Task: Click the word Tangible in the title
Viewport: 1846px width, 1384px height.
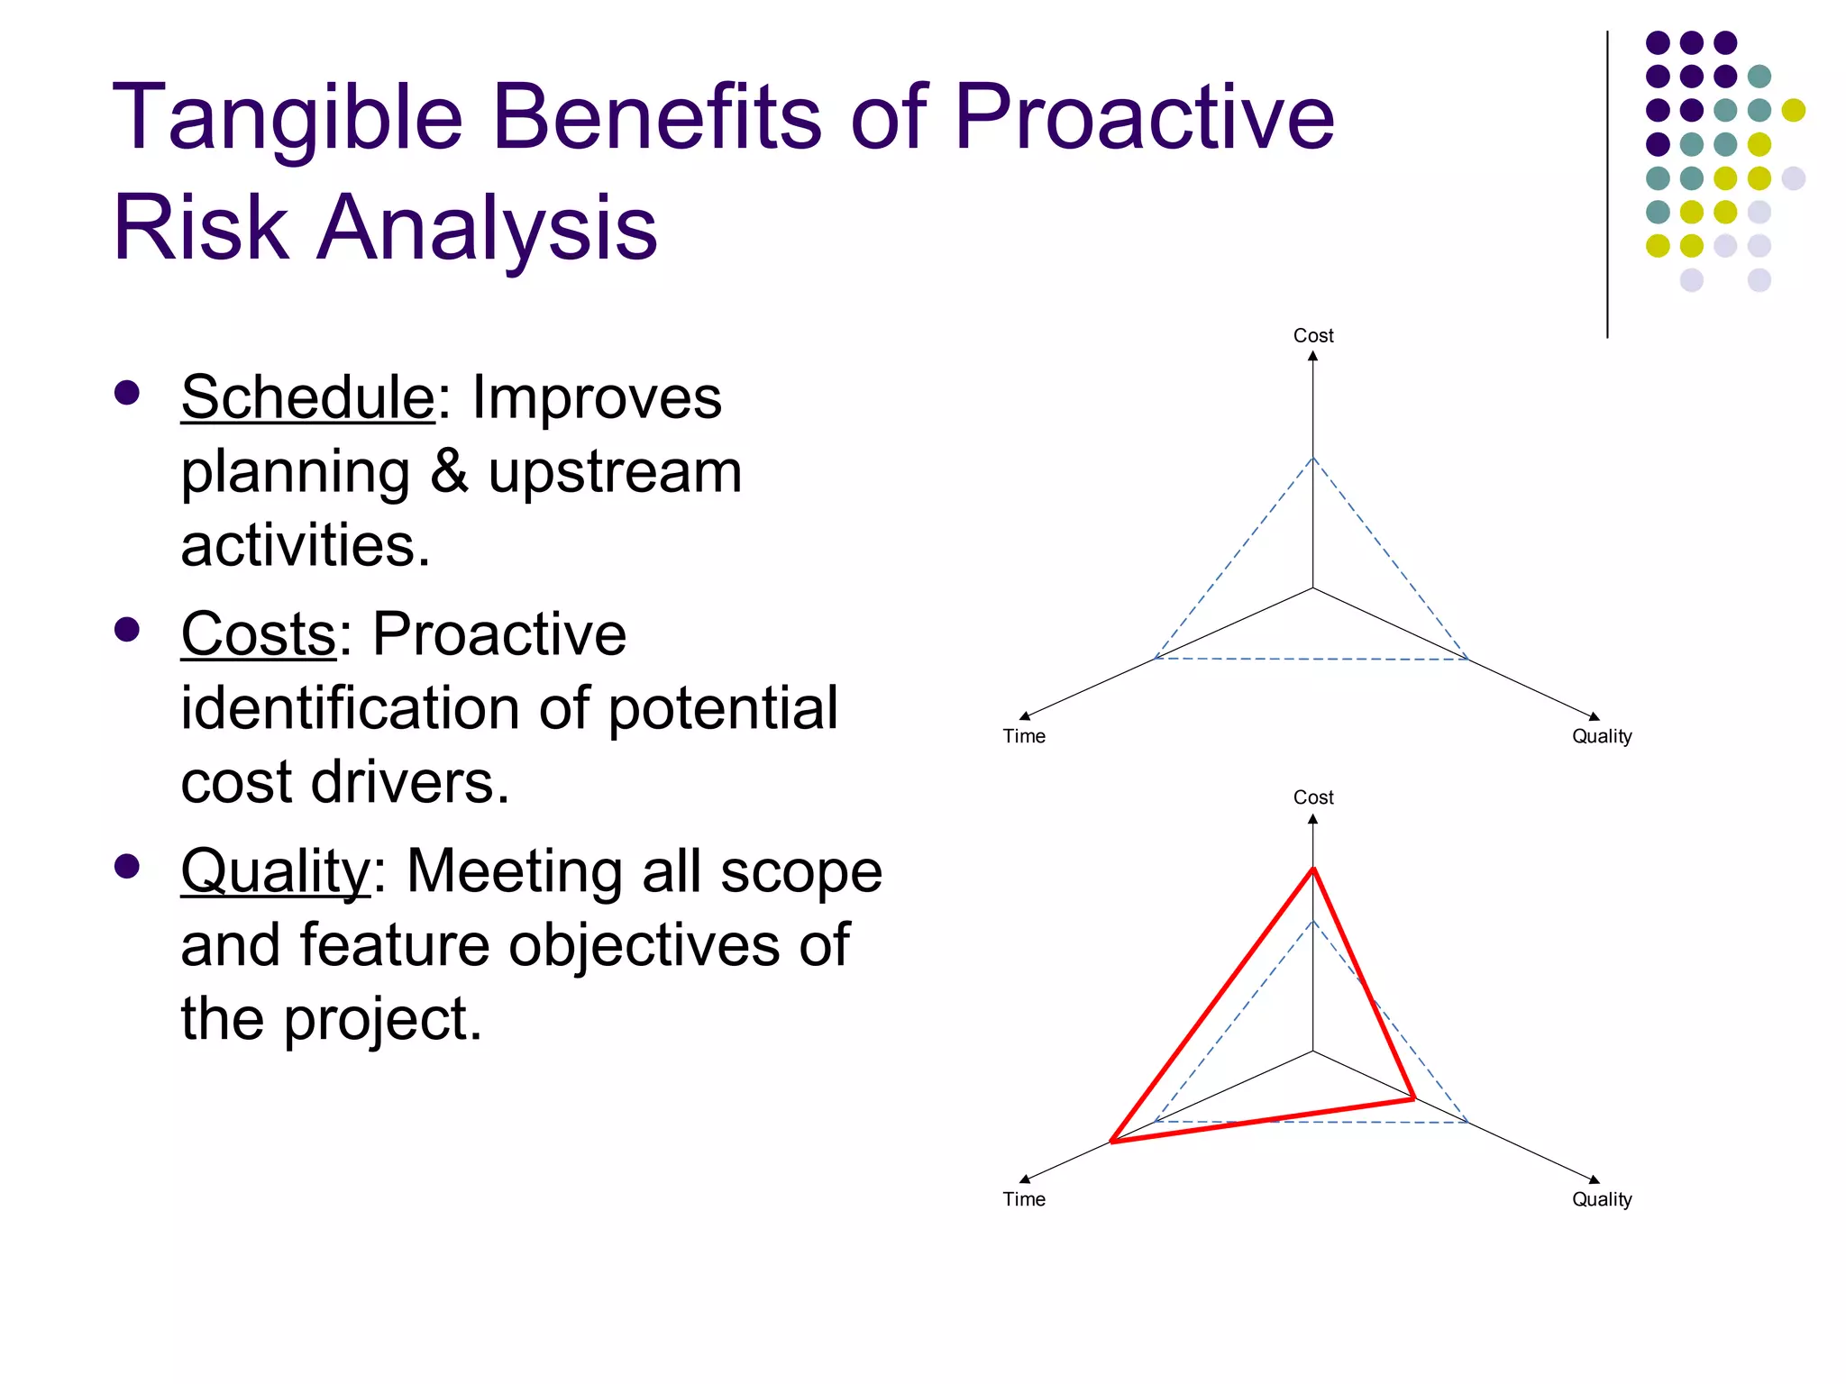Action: pyautogui.click(x=287, y=118)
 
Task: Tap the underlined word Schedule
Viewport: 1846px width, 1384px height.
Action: pyautogui.click(x=307, y=397)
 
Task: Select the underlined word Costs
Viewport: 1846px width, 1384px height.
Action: pyautogui.click(x=259, y=634)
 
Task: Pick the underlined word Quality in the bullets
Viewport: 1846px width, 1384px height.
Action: pyautogui.click(x=275, y=871)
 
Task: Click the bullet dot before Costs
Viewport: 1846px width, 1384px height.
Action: pyautogui.click(x=127, y=629)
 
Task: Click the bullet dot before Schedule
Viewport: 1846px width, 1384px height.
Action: pyautogui.click(x=127, y=393)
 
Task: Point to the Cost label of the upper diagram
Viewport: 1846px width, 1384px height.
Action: pyautogui.click(x=1312, y=335)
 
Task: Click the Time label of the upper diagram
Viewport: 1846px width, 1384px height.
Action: pyautogui.click(x=1024, y=736)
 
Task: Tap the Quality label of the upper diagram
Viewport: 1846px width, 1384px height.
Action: pyautogui.click(x=1602, y=736)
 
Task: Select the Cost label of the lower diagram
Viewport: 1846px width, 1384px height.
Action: pyautogui.click(x=1312, y=797)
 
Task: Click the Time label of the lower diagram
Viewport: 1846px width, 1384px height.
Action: pyautogui.click(x=1024, y=1199)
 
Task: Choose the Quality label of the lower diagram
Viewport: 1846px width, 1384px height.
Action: pyautogui.click(x=1602, y=1199)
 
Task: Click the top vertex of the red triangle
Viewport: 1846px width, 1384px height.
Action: pyautogui.click(x=1313, y=869)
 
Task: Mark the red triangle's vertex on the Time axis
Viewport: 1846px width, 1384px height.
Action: pyautogui.click(x=1112, y=1142)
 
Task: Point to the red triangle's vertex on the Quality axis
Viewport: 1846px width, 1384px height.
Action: pyautogui.click(x=1413, y=1098)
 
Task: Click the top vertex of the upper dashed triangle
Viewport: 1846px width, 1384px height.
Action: pyautogui.click(x=1313, y=458)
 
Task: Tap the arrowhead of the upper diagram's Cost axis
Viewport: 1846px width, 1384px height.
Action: pyautogui.click(x=1313, y=357)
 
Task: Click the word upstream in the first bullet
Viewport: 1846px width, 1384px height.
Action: pyautogui.click(x=615, y=473)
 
